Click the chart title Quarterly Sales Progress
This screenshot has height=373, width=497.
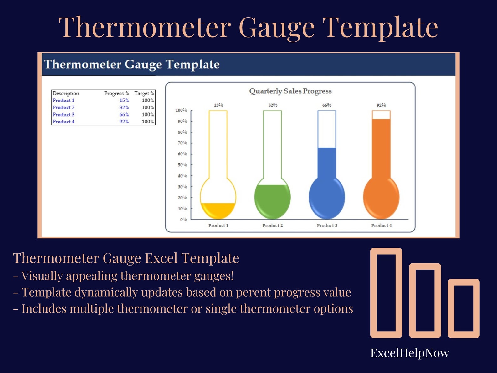(x=290, y=91)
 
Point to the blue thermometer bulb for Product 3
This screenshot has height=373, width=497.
(x=327, y=198)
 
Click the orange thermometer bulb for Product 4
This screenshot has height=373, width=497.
(x=381, y=198)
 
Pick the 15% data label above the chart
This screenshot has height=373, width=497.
(x=218, y=105)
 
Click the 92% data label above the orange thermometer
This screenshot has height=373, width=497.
(x=381, y=105)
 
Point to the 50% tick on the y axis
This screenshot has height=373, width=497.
(x=182, y=165)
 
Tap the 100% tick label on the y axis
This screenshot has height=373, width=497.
(x=181, y=110)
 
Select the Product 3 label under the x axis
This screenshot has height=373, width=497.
(x=327, y=225)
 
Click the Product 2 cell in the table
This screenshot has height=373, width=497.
(x=63, y=107)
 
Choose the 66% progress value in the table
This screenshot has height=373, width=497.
(x=124, y=115)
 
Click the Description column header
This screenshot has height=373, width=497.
(x=66, y=93)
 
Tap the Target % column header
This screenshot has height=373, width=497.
(x=144, y=93)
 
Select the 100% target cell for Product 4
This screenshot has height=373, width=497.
(x=148, y=122)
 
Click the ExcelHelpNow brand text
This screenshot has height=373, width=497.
(x=409, y=353)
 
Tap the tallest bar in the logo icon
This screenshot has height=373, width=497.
(x=386, y=293)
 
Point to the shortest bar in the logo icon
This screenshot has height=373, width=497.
(x=464, y=308)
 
